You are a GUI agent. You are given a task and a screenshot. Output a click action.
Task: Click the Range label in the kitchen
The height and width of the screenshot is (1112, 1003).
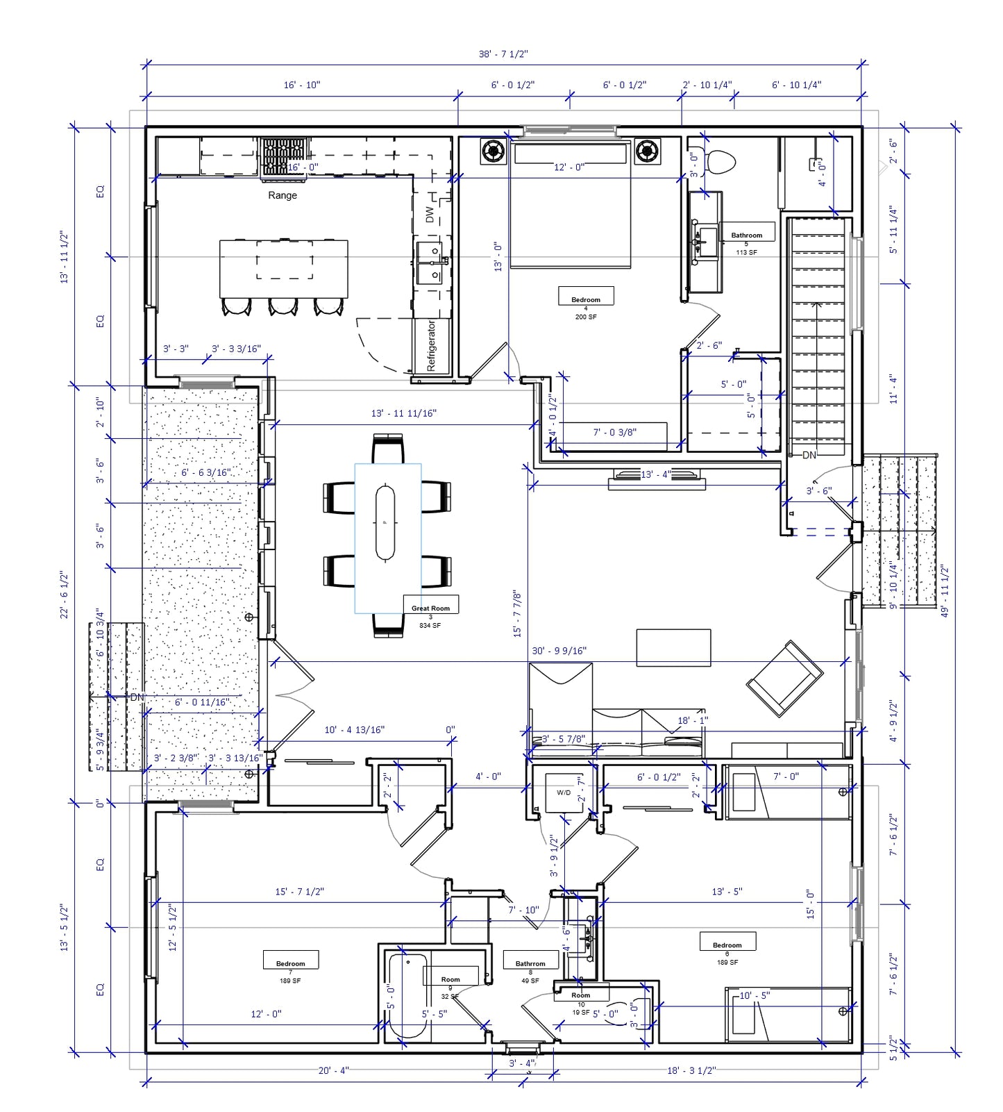pos(283,195)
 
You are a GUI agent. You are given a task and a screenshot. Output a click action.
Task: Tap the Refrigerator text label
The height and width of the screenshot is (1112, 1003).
pos(431,346)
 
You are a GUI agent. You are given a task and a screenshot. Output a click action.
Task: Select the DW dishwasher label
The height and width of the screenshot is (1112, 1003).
pos(430,215)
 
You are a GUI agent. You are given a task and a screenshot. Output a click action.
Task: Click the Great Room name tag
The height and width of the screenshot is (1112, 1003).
pos(430,608)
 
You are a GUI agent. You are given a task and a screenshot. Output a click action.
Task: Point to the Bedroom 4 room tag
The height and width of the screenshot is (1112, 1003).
pos(586,299)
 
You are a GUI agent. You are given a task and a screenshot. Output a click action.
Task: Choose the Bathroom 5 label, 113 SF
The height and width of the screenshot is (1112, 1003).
pos(746,235)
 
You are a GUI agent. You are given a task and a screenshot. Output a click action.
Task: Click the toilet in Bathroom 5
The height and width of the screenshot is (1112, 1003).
pos(720,163)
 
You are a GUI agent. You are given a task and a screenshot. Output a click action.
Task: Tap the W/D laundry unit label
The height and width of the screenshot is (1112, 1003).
pos(564,792)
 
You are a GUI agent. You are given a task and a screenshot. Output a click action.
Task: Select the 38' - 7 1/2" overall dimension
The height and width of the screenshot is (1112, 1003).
pos(503,53)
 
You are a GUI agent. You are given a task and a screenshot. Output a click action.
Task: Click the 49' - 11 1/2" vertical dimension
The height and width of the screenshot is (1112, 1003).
pos(945,590)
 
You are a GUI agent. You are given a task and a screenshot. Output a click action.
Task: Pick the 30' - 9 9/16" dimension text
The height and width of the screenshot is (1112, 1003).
pos(559,651)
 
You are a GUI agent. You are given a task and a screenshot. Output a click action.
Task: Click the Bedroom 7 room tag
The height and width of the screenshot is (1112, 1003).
pos(290,963)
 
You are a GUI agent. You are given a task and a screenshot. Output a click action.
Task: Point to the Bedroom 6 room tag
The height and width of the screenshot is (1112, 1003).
pos(727,945)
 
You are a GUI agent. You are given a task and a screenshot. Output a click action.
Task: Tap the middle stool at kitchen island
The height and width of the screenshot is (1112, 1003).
pos(283,306)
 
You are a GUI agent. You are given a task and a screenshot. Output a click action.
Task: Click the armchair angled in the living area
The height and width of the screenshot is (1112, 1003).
pos(784,679)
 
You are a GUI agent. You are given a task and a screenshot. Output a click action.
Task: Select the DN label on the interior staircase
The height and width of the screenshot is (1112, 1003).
pos(809,455)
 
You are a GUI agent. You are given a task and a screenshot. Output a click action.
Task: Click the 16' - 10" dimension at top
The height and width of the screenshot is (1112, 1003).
pos(301,85)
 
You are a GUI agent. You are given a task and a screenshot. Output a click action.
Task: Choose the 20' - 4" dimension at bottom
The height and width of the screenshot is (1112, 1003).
pos(333,1070)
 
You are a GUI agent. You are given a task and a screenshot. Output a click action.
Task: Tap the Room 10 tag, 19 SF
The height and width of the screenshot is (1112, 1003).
pos(581,995)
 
